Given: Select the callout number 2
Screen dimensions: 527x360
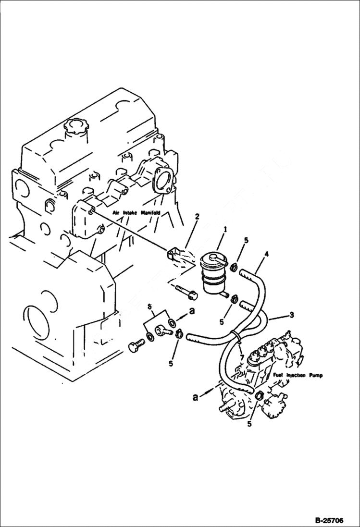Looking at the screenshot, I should tap(196, 217).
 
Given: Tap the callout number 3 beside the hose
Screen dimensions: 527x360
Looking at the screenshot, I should tap(292, 315).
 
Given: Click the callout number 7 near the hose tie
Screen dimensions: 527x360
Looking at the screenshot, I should tap(241, 358).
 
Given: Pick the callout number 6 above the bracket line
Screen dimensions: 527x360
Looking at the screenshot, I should tap(149, 306).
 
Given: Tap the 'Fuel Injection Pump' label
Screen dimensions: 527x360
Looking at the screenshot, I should tap(298, 375).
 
